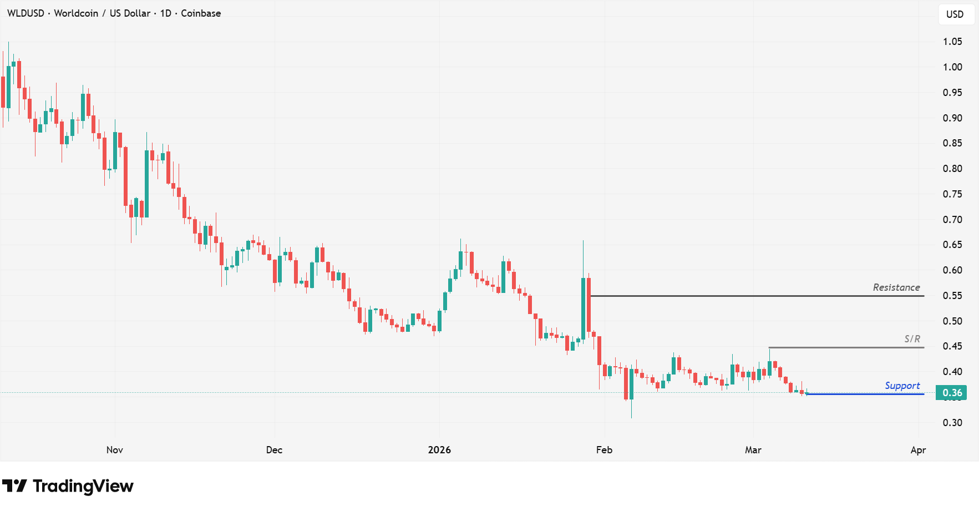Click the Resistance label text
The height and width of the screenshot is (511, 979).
pyautogui.click(x=896, y=287)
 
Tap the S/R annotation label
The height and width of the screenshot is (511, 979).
pyautogui.click(x=912, y=338)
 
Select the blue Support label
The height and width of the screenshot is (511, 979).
pyautogui.click(x=902, y=386)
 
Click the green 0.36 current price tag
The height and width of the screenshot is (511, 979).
pyautogui.click(x=951, y=393)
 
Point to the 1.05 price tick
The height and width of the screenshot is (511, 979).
pyautogui.click(x=952, y=42)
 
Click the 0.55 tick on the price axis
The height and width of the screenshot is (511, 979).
pyautogui.click(x=952, y=296)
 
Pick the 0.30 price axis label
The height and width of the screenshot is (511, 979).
pyautogui.click(x=952, y=423)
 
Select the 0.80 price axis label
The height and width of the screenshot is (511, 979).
pyautogui.click(x=952, y=169)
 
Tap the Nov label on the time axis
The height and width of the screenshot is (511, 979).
pyautogui.click(x=114, y=450)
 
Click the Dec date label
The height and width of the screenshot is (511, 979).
pyautogui.click(x=274, y=450)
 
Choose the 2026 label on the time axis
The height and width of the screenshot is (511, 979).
pyautogui.click(x=439, y=450)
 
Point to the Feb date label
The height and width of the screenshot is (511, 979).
pyautogui.click(x=604, y=450)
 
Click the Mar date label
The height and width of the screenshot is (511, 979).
pyautogui.click(x=753, y=450)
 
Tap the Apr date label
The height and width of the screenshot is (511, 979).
pyautogui.click(x=918, y=450)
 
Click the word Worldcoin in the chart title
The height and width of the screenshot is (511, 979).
pyautogui.click(x=76, y=13)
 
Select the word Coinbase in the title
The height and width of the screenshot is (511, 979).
pyautogui.click(x=201, y=13)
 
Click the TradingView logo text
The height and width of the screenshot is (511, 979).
pyautogui.click(x=83, y=486)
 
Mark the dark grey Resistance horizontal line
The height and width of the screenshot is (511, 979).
pyautogui.click(x=754, y=296)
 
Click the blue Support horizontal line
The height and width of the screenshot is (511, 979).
pyautogui.click(x=865, y=394)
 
